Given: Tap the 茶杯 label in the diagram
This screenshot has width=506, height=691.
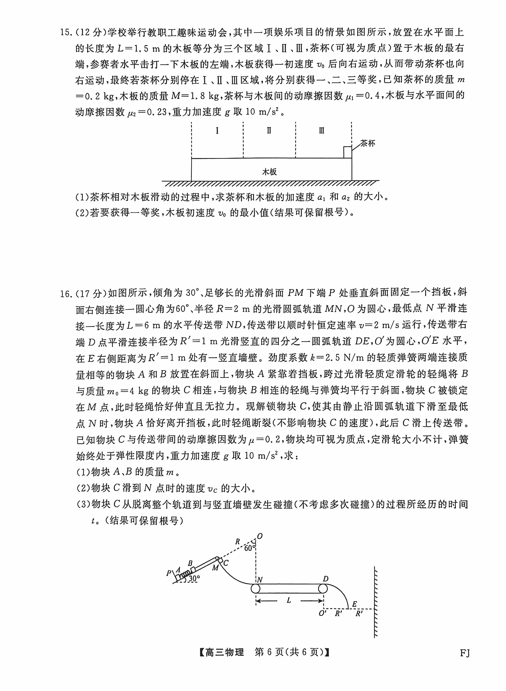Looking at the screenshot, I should coord(367,143).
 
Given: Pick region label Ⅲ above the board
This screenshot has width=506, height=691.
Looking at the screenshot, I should coord(321,131).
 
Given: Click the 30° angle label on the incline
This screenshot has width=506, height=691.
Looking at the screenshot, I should coord(194,579).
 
